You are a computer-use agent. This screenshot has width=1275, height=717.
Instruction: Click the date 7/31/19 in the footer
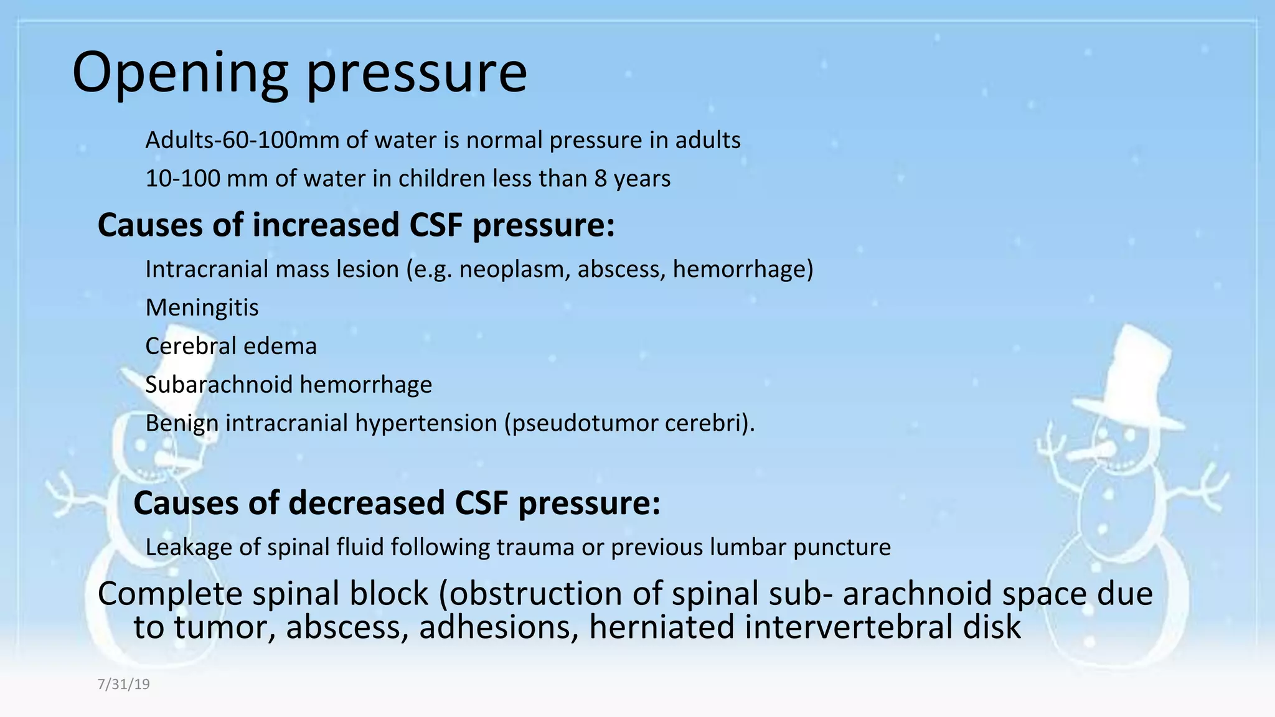click(x=123, y=685)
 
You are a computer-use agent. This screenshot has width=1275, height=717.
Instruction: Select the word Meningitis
click(x=202, y=307)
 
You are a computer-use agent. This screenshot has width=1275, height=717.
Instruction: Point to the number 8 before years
click(x=600, y=179)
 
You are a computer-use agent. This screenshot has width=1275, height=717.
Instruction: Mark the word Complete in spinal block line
click(x=170, y=593)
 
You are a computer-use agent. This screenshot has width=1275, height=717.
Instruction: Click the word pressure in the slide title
click(x=417, y=73)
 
